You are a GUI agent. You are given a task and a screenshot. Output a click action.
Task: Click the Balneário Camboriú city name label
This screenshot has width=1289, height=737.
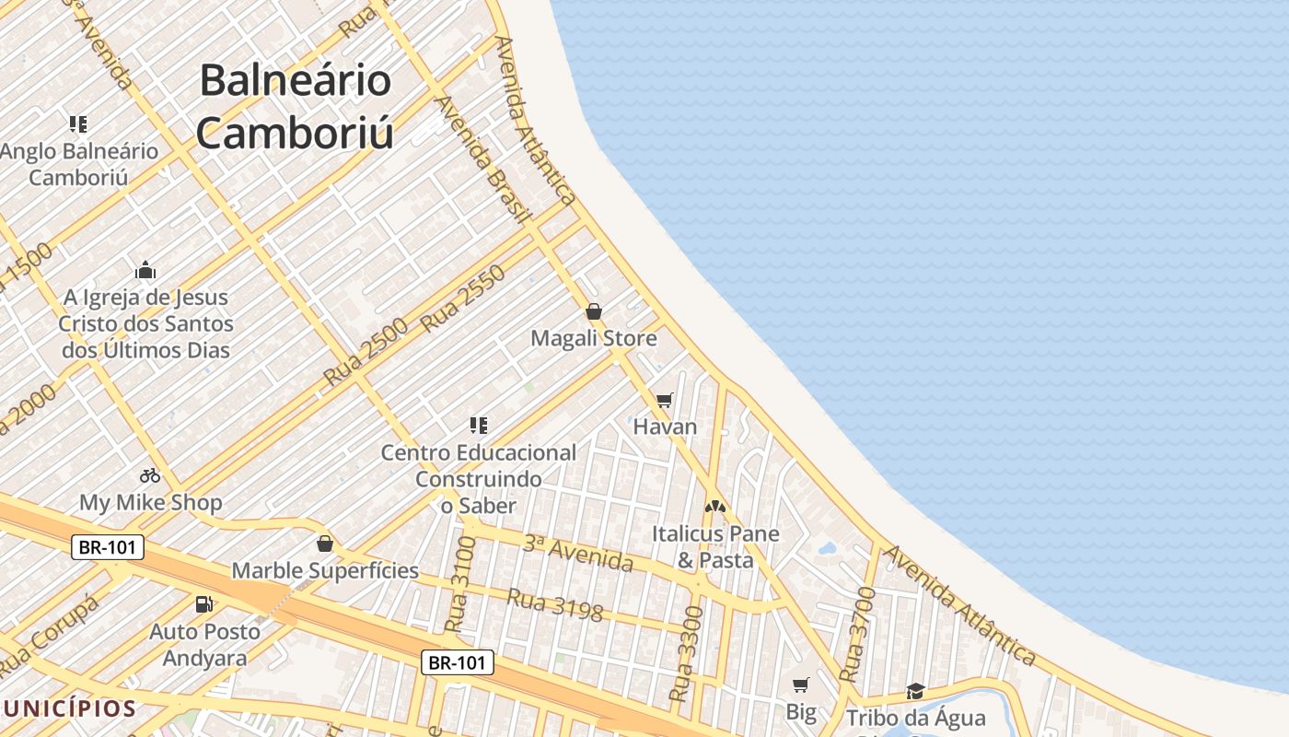[296, 106]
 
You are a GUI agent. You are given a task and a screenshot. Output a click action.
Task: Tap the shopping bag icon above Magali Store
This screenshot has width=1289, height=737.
[594, 311]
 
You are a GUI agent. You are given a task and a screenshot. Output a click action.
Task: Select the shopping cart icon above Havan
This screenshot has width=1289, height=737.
[664, 400]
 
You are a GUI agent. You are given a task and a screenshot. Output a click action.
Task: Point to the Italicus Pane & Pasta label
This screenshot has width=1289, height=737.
[715, 546]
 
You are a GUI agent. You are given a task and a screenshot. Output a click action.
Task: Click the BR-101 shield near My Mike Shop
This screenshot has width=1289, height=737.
[108, 547]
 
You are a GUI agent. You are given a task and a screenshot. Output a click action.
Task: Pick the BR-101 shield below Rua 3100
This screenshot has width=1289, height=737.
[458, 661]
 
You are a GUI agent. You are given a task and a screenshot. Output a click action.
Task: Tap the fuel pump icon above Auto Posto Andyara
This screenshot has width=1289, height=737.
[204, 604]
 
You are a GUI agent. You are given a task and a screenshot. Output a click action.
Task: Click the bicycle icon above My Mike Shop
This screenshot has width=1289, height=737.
[150, 475]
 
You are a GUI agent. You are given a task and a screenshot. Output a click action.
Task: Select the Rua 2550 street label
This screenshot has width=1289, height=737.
[463, 298]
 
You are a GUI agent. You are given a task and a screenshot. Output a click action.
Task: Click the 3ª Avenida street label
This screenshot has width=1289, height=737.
[578, 552]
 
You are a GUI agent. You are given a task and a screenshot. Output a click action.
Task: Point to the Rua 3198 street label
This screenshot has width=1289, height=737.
[554, 605]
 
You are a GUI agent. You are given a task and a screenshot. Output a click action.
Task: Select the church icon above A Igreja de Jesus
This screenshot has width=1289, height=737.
[145, 270]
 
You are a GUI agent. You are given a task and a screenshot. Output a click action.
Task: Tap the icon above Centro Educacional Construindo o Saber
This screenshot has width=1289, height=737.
[478, 425]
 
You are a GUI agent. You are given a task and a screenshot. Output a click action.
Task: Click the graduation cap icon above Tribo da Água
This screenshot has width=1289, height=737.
[915, 691]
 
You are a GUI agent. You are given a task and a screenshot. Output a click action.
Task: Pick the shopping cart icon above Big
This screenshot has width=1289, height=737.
[801, 684]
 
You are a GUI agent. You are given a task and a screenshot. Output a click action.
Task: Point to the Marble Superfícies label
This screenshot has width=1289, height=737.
[325, 570]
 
